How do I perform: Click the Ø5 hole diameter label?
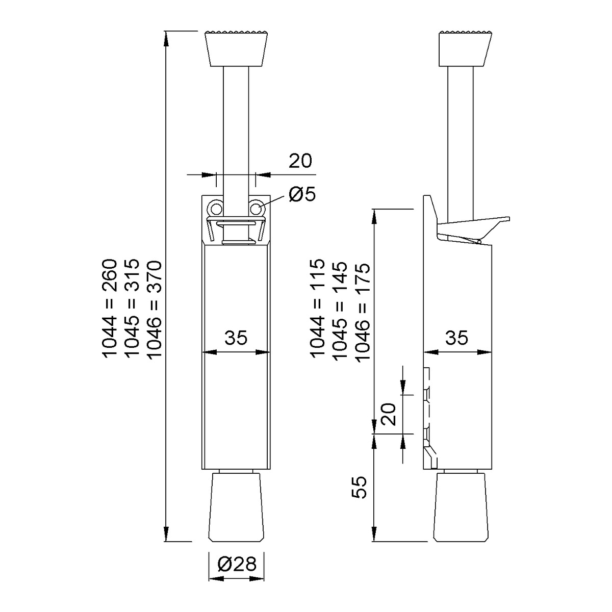[302, 194]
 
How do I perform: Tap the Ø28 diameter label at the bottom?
[237, 564]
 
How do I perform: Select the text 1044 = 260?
[110, 309]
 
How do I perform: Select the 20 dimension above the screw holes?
[300, 161]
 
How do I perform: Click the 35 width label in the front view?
[236, 337]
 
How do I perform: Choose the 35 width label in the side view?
[456, 337]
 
